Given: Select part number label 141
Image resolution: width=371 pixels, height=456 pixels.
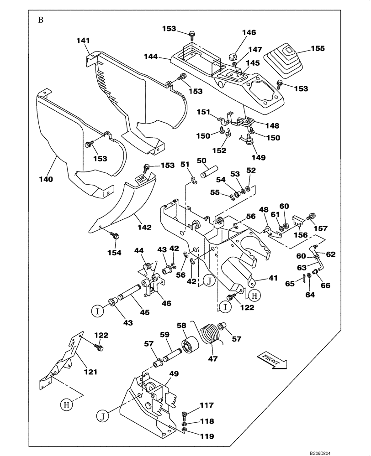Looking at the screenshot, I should tap(83, 41).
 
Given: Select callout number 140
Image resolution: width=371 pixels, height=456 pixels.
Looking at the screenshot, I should tap(46, 179).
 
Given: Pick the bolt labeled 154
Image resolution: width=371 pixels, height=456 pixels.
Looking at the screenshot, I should tap(114, 235).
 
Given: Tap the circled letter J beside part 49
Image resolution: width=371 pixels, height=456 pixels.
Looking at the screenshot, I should tap(103, 415).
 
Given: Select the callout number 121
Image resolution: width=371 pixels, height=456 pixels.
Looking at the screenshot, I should tap(90, 372).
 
